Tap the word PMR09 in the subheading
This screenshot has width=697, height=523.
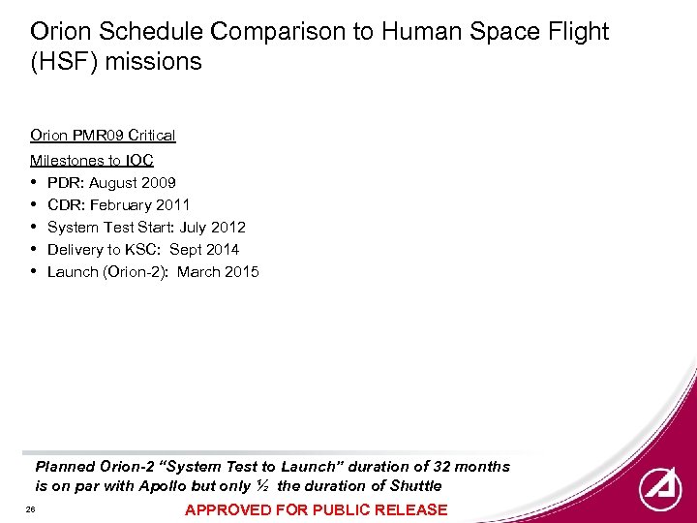pyautogui.click(x=97, y=136)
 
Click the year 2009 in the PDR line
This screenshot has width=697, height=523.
pyautogui.click(x=159, y=183)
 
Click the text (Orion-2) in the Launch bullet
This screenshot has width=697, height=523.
pyautogui.click(x=136, y=272)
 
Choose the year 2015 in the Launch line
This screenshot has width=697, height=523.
pyautogui.click(x=242, y=272)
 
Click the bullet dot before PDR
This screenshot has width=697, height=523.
pyautogui.click(x=35, y=183)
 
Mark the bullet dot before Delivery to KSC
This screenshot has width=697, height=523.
pyautogui.click(x=35, y=250)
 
